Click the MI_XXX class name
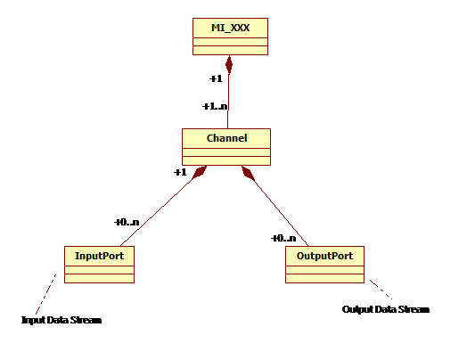230,28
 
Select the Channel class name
226,138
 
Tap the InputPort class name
99,256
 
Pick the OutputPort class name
324,256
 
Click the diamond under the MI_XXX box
229,65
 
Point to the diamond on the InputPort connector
199,172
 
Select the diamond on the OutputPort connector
249,173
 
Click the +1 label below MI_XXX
216,78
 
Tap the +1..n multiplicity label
215,106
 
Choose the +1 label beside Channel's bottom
180,172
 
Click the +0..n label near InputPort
127,222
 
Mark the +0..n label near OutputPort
283,238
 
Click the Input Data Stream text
61,320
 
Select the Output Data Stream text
386,309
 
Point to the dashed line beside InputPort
45,294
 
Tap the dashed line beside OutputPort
381,289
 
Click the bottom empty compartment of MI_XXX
230,50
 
